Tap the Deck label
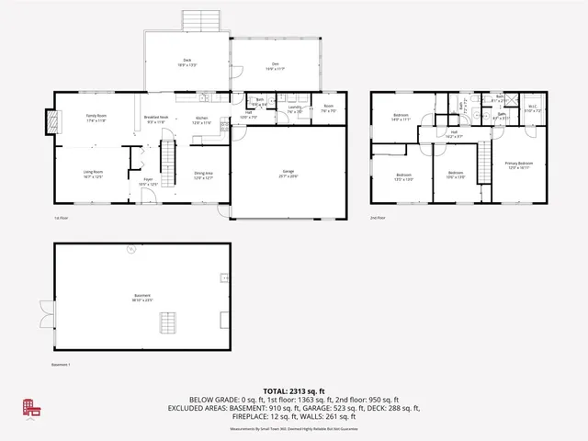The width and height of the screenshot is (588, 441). (x=187, y=63)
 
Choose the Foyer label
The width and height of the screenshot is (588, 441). (x=147, y=181)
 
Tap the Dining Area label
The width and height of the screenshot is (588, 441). (x=203, y=175)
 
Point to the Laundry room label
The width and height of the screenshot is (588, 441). (x=295, y=109)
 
